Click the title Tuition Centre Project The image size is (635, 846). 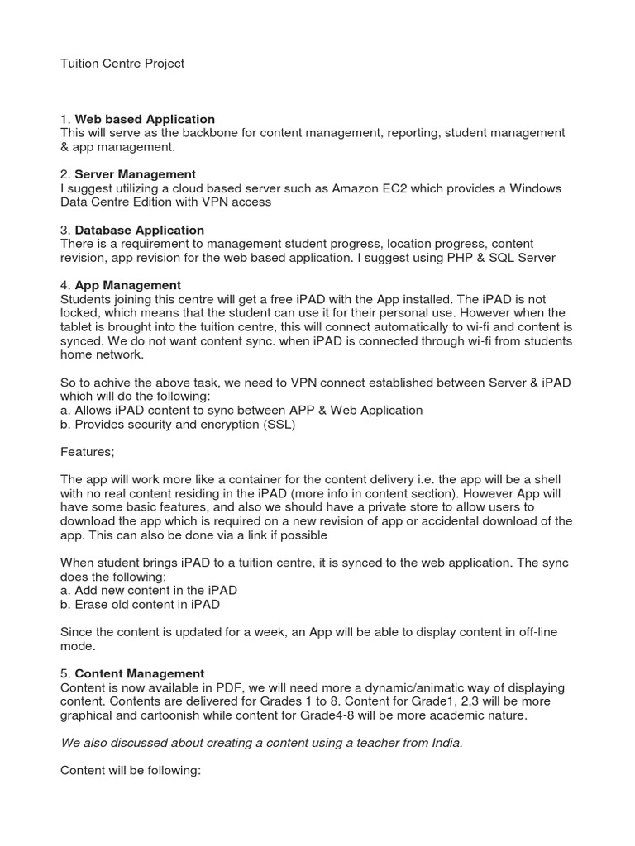click(x=122, y=64)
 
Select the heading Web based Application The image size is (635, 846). click(x=145, y=119)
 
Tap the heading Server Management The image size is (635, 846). click(x=135, y=174)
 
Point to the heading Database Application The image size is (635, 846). click(x=139, y=230)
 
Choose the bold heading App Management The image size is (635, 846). click(x=127, y=285)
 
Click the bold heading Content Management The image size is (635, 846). click(x=139, y=673)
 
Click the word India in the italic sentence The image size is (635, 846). click(x=444, y=743)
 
